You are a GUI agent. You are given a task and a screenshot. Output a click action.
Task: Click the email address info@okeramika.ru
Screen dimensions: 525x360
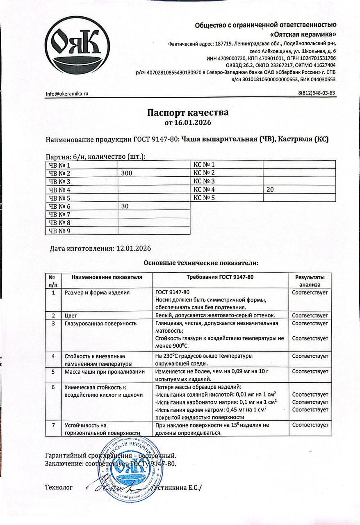point(67,94)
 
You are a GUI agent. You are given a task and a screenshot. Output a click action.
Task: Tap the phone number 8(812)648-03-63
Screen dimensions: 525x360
point(317,93)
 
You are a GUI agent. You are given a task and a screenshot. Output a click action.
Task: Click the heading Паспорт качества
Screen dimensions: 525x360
point(188,112)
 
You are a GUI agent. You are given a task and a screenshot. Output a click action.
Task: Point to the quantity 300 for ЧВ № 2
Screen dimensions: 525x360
point(127,173)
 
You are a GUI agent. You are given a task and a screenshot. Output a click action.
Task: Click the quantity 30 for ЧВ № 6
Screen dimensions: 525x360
point(125,207)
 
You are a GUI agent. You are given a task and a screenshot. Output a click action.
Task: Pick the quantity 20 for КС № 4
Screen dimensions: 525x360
point(270,190)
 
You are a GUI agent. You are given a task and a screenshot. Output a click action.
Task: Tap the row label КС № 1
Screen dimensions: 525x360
point(204,165)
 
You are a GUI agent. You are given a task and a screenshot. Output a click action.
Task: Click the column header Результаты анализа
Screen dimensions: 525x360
point(310,281)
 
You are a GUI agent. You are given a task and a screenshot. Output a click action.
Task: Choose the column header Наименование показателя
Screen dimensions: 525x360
point(107,277)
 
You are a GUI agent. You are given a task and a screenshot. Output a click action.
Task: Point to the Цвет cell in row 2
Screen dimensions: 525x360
point(71,315)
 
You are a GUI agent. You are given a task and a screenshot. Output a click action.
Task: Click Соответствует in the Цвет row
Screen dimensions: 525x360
point(310,315)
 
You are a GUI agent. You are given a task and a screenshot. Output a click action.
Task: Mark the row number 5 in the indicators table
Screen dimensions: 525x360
point(53,372)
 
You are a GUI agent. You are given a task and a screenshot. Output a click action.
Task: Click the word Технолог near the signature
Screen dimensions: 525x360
point(59,488)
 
